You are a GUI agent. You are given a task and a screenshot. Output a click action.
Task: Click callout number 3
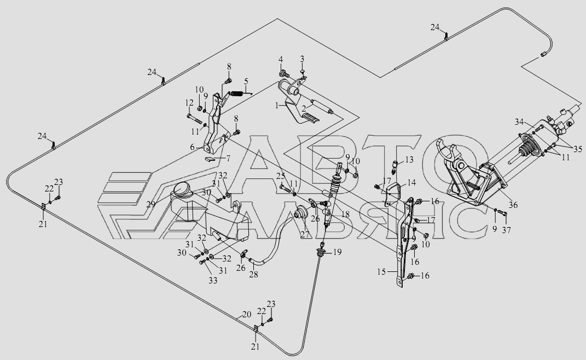301,59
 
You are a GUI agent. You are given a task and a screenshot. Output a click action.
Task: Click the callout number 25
281,176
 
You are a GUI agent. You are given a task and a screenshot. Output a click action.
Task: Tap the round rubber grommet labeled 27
300,214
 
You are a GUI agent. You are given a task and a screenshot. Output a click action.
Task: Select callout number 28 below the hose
253,275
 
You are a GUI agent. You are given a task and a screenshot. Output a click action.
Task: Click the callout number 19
337,252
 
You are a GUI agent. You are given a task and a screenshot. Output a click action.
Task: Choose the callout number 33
212,280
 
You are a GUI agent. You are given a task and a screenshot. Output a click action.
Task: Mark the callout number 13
410,159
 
